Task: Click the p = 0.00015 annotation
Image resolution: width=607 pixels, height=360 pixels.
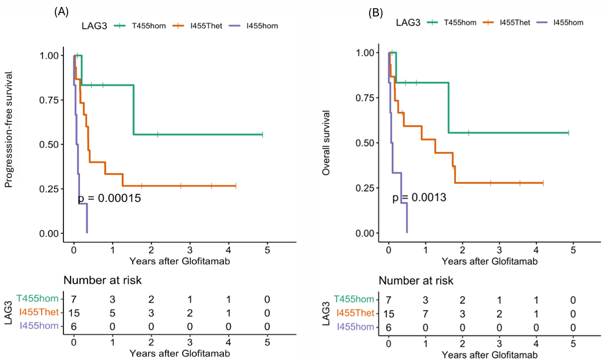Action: tap(109, 198)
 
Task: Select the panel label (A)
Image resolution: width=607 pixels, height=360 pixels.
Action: tap(62, 12)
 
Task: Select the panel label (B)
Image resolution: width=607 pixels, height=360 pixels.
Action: tap(375, 13)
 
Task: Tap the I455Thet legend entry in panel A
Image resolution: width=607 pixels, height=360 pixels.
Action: tap(197, 26)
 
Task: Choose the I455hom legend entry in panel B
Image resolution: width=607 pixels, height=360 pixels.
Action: tap(560, 22)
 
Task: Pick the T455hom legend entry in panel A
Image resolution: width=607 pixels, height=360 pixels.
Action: tap(140, 26)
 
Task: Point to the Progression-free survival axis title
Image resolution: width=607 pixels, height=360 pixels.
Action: tap(8, 129)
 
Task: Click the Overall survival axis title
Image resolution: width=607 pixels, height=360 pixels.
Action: tap(326, 143)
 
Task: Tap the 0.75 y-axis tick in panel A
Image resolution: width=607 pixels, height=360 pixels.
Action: tap(49, 100)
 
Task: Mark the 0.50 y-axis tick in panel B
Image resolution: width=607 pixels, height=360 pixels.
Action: tap(365, 143)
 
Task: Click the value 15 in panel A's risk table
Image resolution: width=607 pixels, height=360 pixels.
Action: tap(73, 313)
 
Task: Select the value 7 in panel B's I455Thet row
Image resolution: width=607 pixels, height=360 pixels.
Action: tap(425, 314)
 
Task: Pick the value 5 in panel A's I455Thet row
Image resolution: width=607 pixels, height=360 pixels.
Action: tap(112, 313)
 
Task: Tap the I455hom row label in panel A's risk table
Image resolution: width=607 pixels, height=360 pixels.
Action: tap(39, 326)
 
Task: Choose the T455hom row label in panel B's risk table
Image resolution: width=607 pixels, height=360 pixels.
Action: tap(354, 300)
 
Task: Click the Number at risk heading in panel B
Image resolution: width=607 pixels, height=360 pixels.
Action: tap(416, 280)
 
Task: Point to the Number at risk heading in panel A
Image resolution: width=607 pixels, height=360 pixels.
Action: tap(103, 280)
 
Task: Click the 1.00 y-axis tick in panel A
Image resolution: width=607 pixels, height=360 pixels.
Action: tap(49, 56)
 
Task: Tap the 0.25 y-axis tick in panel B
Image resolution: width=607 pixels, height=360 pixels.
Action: tap(365, 188)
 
